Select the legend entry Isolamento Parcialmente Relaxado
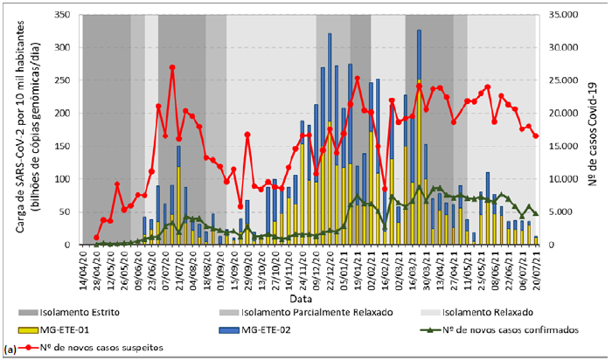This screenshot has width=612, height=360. click(289, 312)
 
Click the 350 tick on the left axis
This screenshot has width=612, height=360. click(61, 15)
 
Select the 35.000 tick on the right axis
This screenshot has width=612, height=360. click(569, 15)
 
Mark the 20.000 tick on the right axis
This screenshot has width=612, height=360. click(569, 113)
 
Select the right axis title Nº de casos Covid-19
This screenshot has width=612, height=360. click(598, 129)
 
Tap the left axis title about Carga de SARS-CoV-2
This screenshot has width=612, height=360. click(25, 129)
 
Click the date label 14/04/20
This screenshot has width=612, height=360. click(80, 268)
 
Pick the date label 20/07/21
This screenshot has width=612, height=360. click(535, 268)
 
